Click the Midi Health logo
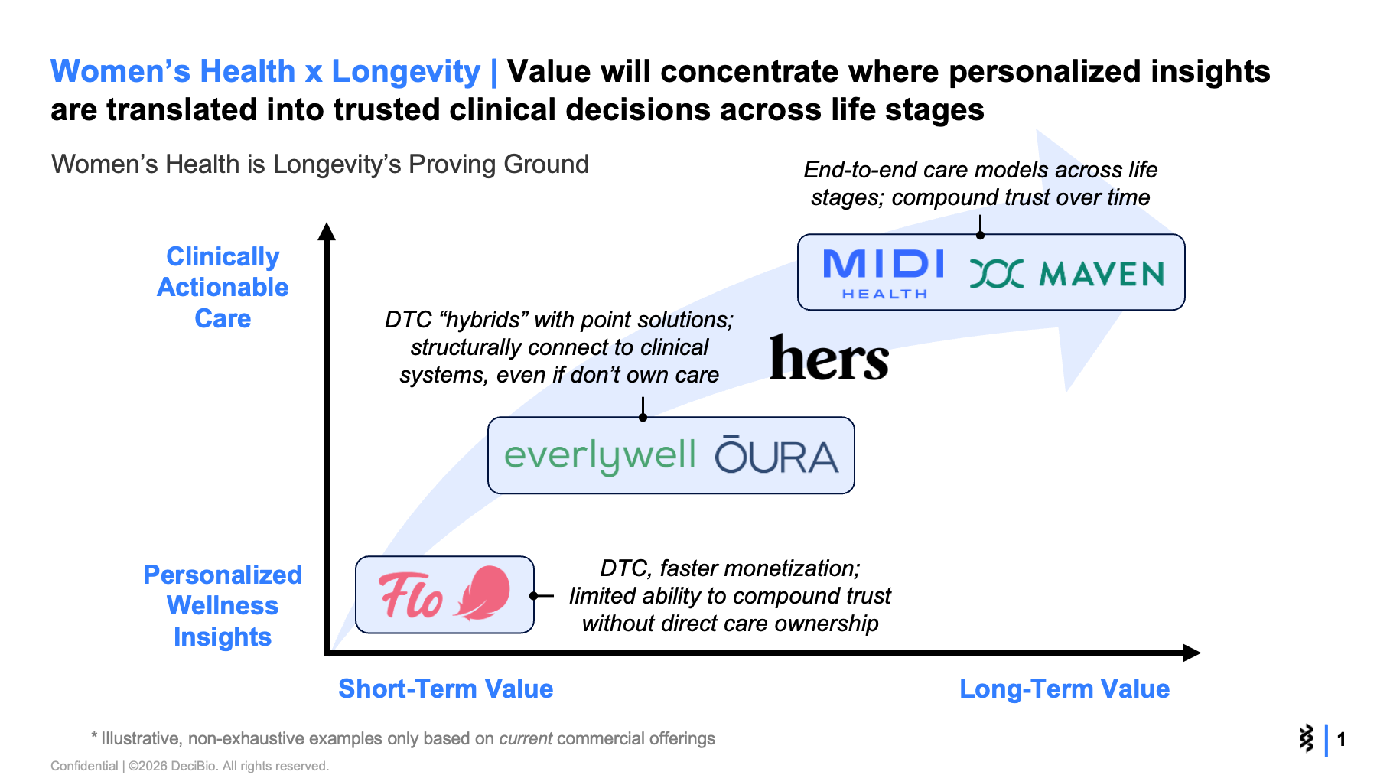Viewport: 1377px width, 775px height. (884, 272)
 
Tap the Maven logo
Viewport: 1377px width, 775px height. (1067, 273)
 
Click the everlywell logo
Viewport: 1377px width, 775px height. (600, 456)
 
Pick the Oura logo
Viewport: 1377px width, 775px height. (776, 456)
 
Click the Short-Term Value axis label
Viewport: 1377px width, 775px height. (445, 689)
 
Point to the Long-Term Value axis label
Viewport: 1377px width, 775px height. (1064, 689)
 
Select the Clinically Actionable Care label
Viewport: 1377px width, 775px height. (223, 287)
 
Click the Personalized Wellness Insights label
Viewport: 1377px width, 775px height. (223, 605)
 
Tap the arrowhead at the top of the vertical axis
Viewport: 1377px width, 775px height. (327, 231)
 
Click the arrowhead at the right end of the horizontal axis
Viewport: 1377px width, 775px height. (1191, 653)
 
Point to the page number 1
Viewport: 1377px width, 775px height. (1341, 739)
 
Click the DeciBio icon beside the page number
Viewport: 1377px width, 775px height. (1306, 738)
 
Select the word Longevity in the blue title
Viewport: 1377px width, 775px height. (405, 72)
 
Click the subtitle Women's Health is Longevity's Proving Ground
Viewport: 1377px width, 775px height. (320, 164)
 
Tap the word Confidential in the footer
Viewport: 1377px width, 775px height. (84, 766)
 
